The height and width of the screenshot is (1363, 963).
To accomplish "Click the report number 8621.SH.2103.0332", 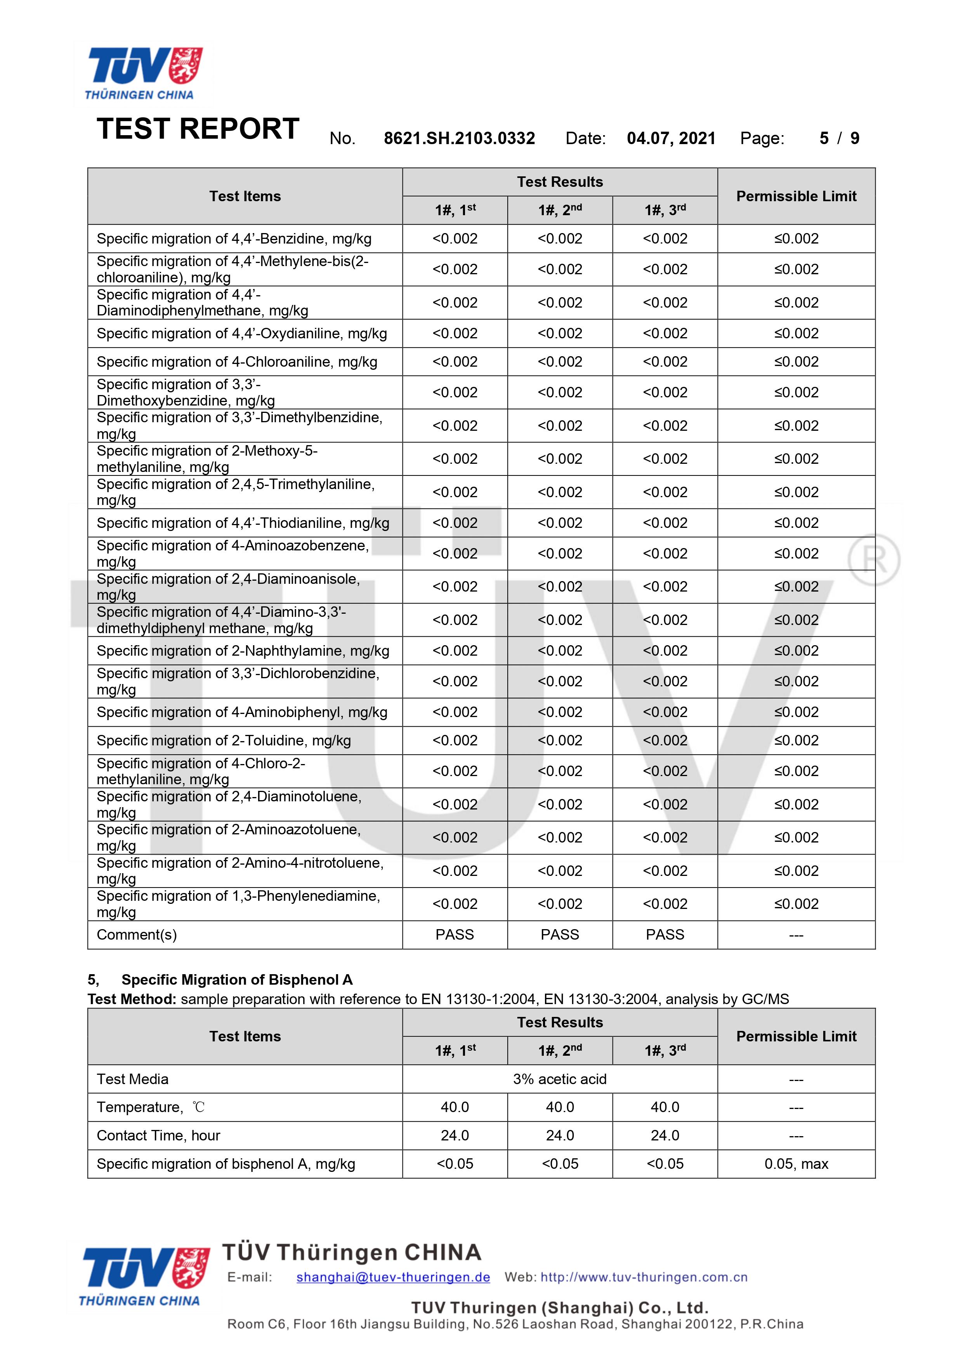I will point(459,138).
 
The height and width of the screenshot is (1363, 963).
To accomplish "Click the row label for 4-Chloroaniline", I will point(237,362).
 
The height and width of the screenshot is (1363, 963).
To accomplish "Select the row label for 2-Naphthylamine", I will point(243,651).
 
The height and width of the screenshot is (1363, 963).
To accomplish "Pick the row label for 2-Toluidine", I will point(224,740).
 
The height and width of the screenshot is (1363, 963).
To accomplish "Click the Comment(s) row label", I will point(137,935).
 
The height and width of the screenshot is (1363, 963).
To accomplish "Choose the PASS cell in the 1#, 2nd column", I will point(560,935).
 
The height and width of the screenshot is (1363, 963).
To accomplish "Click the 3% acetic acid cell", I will point(560,1079).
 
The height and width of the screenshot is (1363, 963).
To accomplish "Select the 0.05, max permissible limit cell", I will point(796,1163).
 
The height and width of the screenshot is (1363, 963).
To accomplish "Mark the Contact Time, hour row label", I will point(158,1135).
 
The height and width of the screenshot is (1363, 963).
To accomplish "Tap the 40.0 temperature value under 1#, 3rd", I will point(665,1107).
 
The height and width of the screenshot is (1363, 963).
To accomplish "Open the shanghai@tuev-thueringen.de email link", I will point(393,1277).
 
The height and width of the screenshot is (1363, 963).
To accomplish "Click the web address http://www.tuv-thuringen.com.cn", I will point(644,1277).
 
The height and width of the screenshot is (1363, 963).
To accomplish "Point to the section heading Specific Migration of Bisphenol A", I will point(237,980).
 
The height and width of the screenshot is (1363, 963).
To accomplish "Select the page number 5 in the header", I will point(824,138).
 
